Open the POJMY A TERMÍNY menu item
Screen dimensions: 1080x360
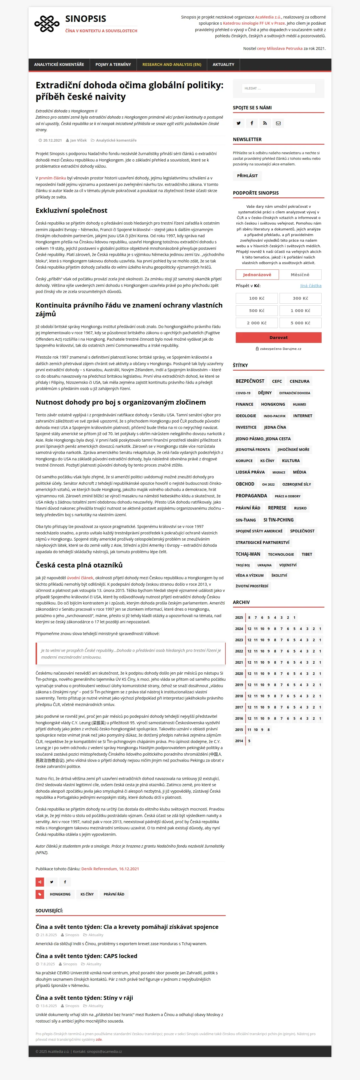pyautogui.click(x=113, y=64)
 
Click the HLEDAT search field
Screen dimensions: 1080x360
pyautogui.click(x=278, y=89)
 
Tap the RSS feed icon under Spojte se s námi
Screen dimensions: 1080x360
pyautogui.click(x=265, y=123)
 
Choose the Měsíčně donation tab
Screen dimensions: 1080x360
pyautogui.click(x=300, y=274)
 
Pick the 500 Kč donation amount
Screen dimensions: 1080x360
pyautogui.click(x=257, y=311)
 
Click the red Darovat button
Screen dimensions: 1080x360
pyautogui.click(x=278, y=338)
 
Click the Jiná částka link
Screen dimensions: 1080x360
pyautogui.click(x=311, y=286)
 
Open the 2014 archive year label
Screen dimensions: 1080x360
pyautogui.click(x=239, y=741)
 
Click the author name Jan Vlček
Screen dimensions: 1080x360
pyautogui.click(x=79, y=140)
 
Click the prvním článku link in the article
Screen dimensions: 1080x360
pyautogui.click(x=52, y=178)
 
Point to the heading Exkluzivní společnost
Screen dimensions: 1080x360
pyautogui.click(x=71, y=211)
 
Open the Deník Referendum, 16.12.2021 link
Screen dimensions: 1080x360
pyautogui.click(x=110, y=869)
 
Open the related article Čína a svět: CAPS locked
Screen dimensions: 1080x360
pyautogui.click(x=86, y=956)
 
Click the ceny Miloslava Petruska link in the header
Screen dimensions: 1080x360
pyautogui.click(x=280, y=49)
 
